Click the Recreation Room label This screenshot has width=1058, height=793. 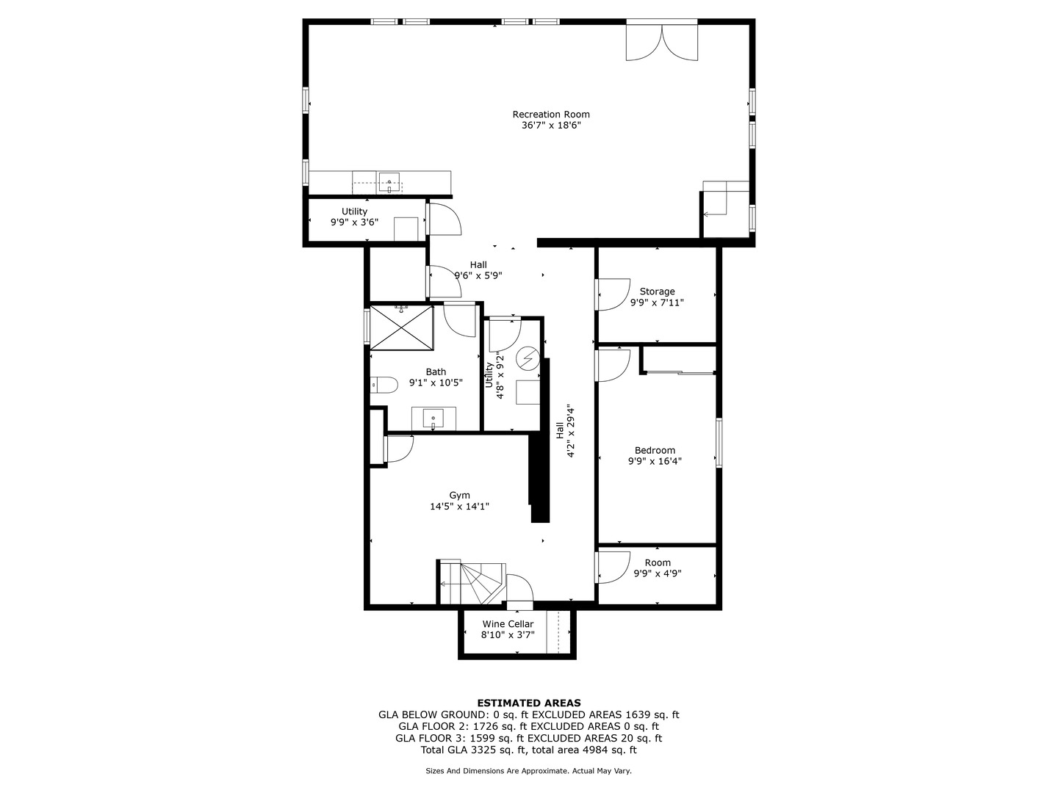pos(550,115)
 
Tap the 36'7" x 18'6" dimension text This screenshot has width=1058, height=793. pos(550,126)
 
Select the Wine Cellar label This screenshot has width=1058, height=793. pos(508,624)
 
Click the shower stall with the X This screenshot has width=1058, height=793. pos(401,328)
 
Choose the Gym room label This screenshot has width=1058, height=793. pos(459,496)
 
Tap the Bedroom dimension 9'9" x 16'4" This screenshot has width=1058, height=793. pos(655,461)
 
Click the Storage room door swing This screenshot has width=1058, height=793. pos(613,294)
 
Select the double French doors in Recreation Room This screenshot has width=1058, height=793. pos(661,43)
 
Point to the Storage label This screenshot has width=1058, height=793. pos(657,292)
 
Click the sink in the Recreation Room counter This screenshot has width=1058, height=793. pos(389,183)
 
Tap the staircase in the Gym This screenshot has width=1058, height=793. pos(472,583)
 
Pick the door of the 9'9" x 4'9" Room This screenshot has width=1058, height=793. pos(613,567)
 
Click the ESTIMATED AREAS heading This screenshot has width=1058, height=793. pos(529,703)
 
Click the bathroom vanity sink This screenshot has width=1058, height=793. pos(433,419)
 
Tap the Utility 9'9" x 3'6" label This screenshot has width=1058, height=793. pos(354,217)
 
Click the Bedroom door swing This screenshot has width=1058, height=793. pos(613,366)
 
